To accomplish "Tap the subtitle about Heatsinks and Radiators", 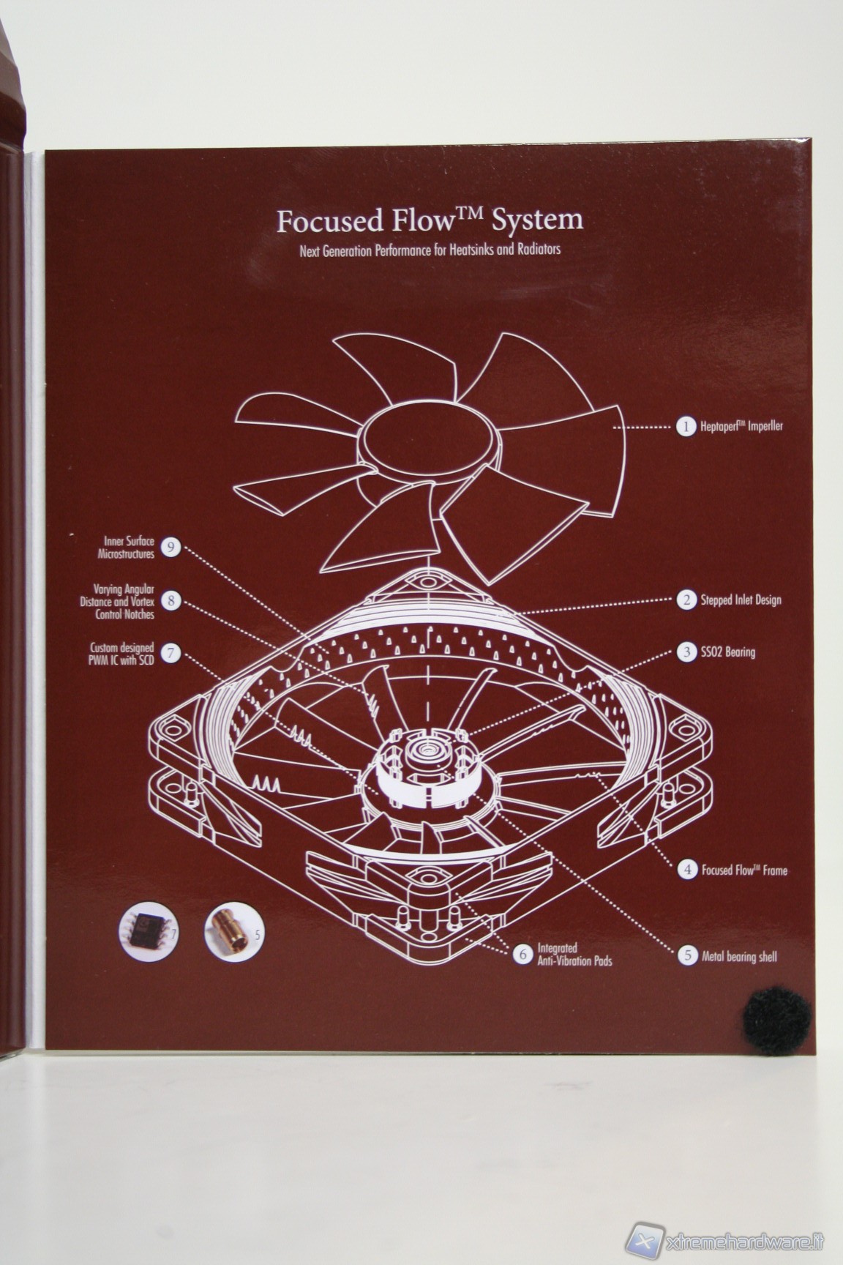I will coord(430,250).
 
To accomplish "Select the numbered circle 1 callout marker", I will coord(686,426).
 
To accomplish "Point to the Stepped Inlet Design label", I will coord(741,600).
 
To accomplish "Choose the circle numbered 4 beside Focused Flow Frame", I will coord(687,870).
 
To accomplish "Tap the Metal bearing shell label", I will coord(739,956).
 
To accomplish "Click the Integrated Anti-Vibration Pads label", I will coord(574,955).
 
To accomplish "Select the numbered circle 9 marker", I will coord(170,547).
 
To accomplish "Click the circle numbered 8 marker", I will coord(170,601).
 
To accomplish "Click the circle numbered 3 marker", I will coord(686,652).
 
